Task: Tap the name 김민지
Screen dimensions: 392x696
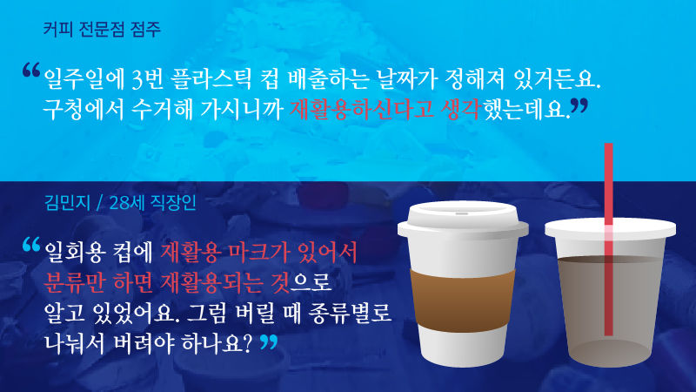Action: (68, 204)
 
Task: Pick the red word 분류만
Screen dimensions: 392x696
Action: (77, 280)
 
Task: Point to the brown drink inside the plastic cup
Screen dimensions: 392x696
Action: (574, 296)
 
